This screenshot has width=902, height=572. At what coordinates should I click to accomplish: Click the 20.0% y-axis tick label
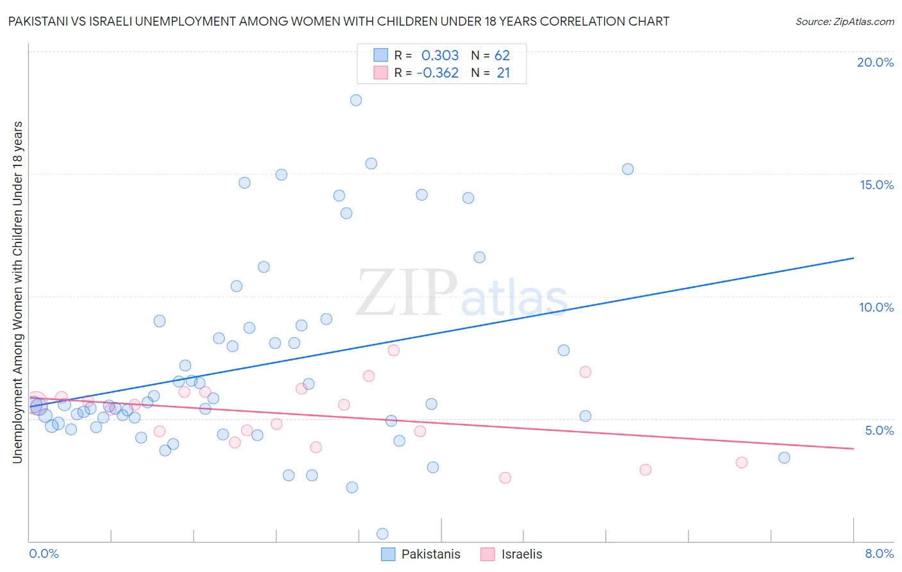pos(875,62)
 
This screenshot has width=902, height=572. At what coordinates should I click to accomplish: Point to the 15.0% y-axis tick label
pos(876,185)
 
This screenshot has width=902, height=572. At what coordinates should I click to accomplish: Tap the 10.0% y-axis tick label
pos(876,307)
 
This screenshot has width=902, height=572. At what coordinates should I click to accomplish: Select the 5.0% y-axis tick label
pos(879,430)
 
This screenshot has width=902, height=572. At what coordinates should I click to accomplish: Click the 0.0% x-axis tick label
pos(44,553)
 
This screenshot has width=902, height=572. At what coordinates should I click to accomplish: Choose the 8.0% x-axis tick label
pos(879,553)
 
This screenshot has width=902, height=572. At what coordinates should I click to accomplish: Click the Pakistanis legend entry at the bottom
pos(421,554)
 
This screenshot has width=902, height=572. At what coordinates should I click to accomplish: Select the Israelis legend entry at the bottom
pos(511,554)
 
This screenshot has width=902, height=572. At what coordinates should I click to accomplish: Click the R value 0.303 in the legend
pos(440,56)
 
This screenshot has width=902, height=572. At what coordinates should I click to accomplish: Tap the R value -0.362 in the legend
pos(438,73)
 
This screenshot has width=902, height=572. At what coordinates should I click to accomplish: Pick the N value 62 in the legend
pos(502,56)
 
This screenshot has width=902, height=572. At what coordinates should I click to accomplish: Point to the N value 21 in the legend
pos(503,73)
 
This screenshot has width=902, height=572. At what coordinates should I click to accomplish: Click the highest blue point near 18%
pos(356,100)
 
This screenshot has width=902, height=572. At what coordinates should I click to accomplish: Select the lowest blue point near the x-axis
pos(382,534)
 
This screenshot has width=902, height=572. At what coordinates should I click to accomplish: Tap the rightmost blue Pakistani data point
pos(784,458)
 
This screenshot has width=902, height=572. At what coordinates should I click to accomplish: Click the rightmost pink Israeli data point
pos(742,462)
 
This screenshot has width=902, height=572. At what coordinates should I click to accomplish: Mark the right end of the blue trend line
pos(853,258)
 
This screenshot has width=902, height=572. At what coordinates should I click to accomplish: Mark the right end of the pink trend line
pos(853,448)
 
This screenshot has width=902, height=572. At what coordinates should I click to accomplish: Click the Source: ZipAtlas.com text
pos(844,22)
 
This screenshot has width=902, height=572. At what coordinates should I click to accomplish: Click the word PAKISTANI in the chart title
pos(38,22)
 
